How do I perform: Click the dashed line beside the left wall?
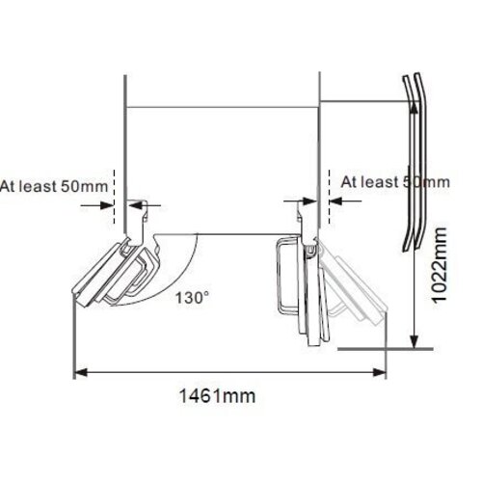(x=115, y=188)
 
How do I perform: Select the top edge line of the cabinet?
(x=222, y=106)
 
